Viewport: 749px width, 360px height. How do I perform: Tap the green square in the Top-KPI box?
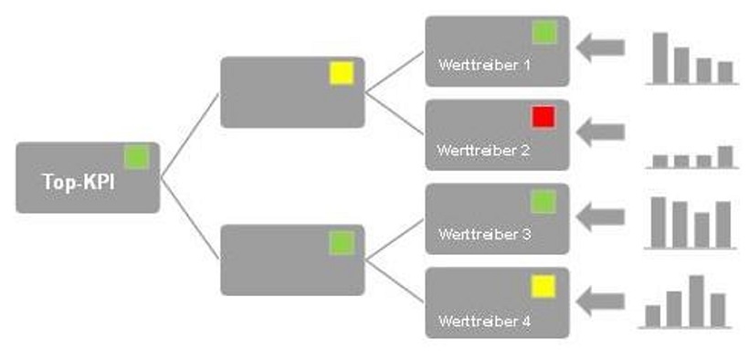tap(136, 157)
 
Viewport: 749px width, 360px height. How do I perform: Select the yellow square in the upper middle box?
tap(342, 73)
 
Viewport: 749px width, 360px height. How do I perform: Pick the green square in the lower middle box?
tap(342, 242)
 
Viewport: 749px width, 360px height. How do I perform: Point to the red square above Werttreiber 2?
tap(543, 117)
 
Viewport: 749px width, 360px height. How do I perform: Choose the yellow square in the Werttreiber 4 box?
tap(543, 286)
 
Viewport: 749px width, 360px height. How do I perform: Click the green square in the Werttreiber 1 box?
tap(543, 33)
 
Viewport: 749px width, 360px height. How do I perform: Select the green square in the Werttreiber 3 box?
tap(543, 201)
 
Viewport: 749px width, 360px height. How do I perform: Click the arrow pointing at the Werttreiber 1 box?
tap(600, 48)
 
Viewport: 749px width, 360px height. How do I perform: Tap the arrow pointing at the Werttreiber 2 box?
tap(600, 132)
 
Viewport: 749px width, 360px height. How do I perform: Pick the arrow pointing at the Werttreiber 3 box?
tap(600, 217)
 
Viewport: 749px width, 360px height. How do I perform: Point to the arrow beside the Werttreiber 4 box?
tap(600, 301)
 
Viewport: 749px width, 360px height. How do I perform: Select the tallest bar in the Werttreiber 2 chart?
tap(724, 157)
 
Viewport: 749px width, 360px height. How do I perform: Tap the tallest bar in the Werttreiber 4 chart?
tap(696, 301)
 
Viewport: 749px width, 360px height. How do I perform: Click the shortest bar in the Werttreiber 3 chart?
tap(702, 229)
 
